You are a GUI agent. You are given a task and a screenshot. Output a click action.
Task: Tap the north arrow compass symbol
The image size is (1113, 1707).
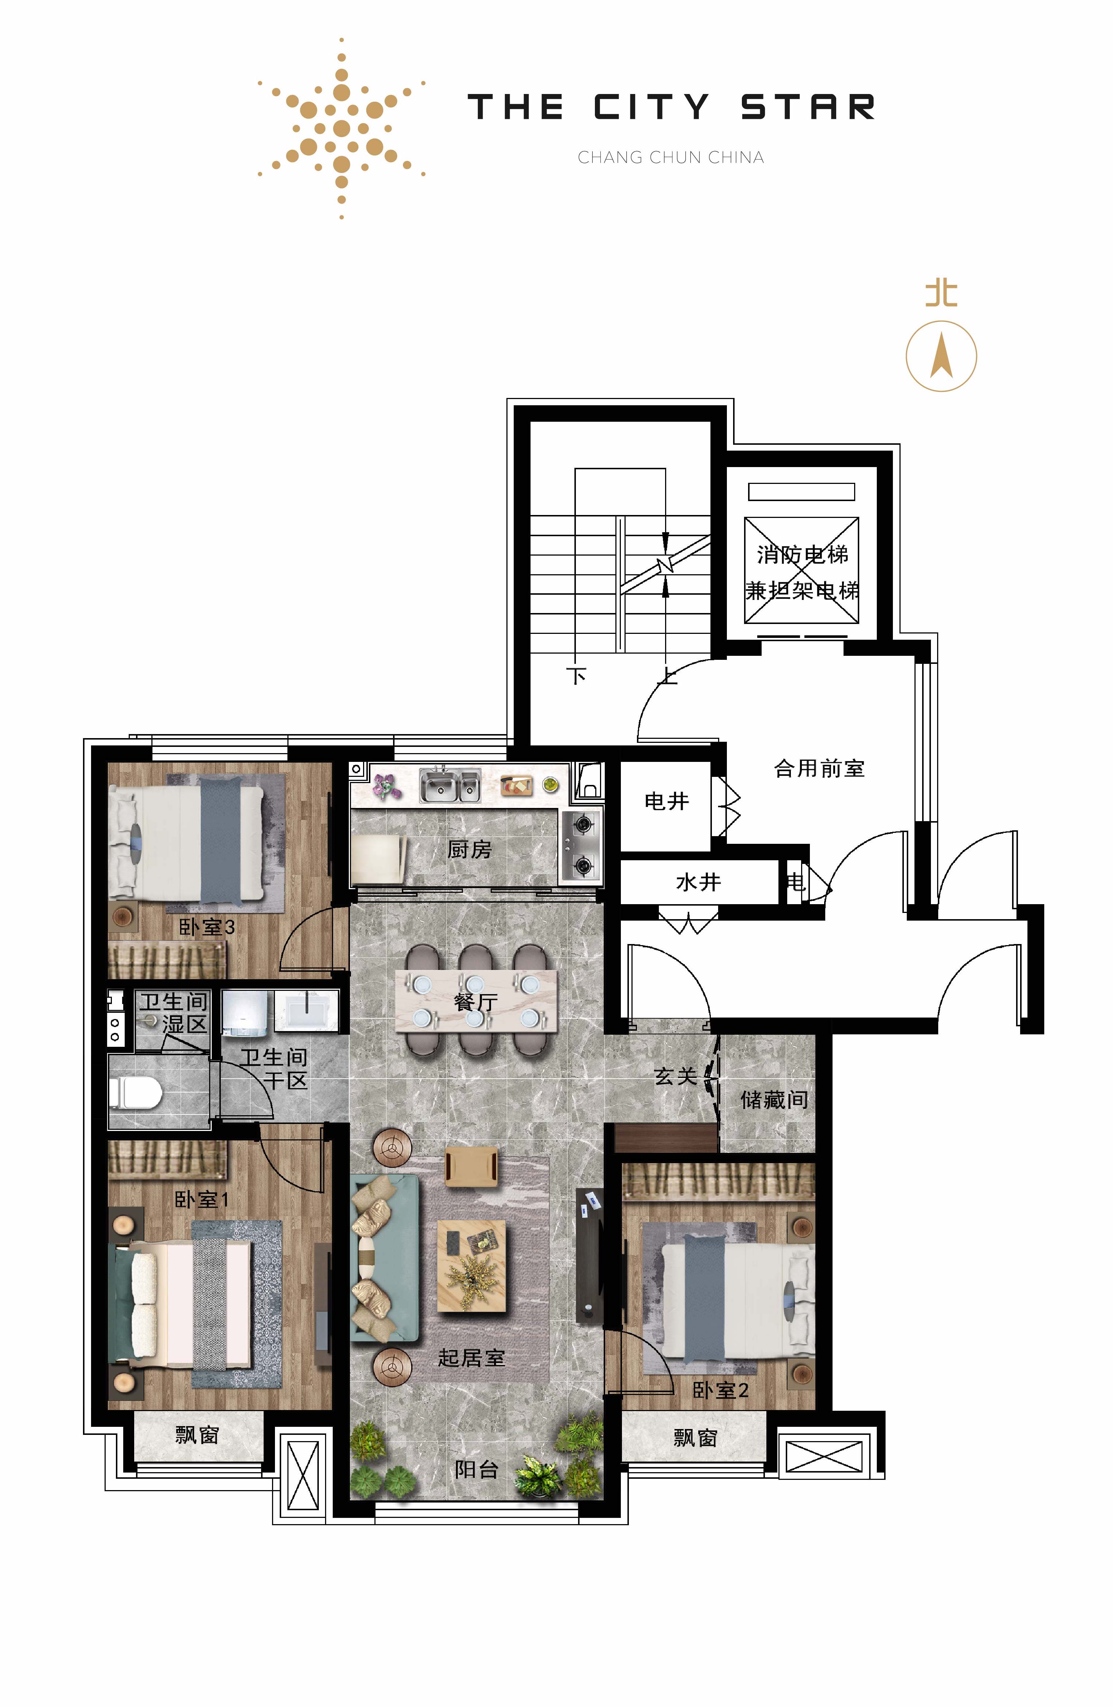941,356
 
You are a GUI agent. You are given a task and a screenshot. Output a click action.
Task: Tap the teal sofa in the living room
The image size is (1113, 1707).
385,1258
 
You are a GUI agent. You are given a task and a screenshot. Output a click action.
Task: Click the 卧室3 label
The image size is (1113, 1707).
207,927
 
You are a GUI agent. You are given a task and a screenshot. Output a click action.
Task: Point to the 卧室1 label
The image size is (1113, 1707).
201,1199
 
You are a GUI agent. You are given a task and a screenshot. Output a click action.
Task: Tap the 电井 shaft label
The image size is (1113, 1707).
666,801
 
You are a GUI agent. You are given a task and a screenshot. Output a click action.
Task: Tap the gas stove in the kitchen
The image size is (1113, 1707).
582,846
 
